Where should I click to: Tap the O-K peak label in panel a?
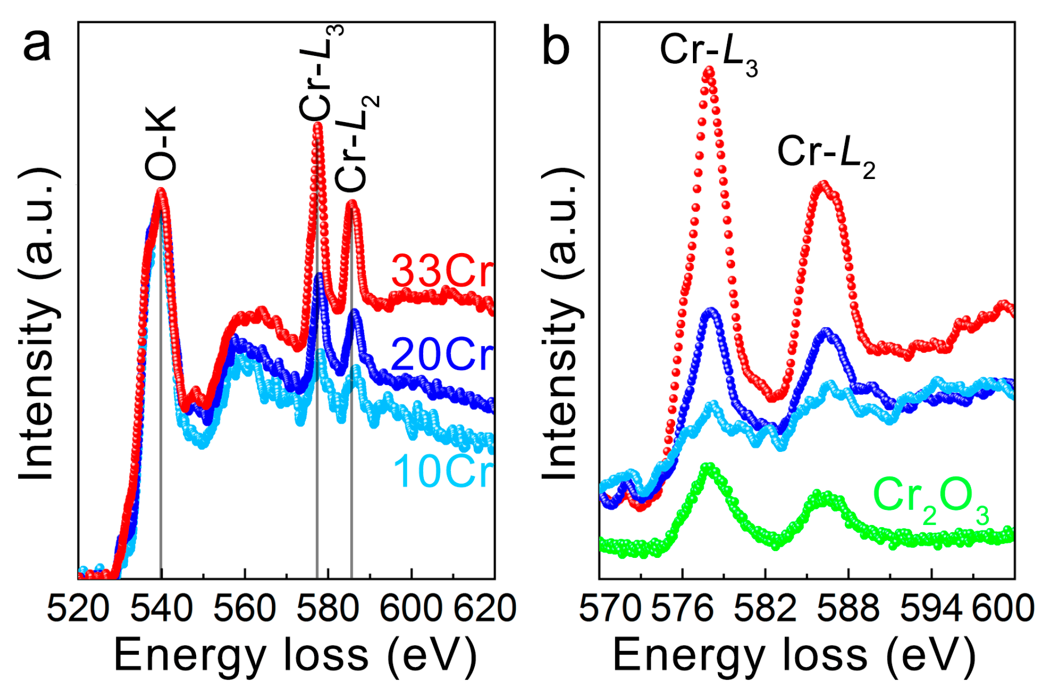[161, 144]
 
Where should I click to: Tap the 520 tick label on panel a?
[78, 609]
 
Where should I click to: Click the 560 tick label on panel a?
[244, 609]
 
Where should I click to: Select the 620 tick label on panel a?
[485, 609]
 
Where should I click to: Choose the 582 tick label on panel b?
[765, 609]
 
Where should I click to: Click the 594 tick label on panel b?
[931, 609]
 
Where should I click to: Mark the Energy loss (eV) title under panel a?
[295, 655]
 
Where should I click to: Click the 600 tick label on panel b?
[1003, 609]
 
